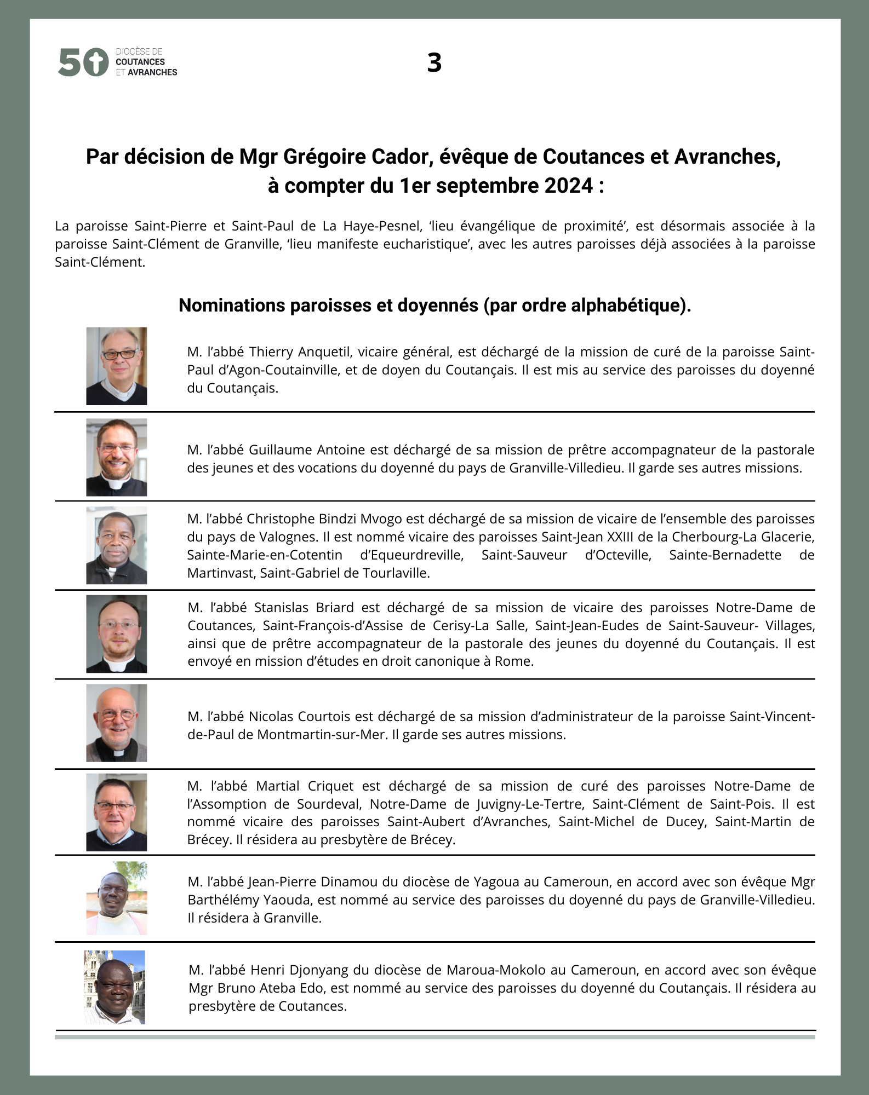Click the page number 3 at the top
(434, 63)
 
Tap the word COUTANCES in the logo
(140, 62)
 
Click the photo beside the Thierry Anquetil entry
(116, 366)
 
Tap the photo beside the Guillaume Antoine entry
(116, 457)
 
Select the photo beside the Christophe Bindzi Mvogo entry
(116, 545)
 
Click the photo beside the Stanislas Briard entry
(116, 633)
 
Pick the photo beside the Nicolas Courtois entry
(116, 723)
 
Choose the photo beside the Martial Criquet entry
(116, 812)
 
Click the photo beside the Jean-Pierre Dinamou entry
(116, 898)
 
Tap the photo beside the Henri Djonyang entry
(114, 987)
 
